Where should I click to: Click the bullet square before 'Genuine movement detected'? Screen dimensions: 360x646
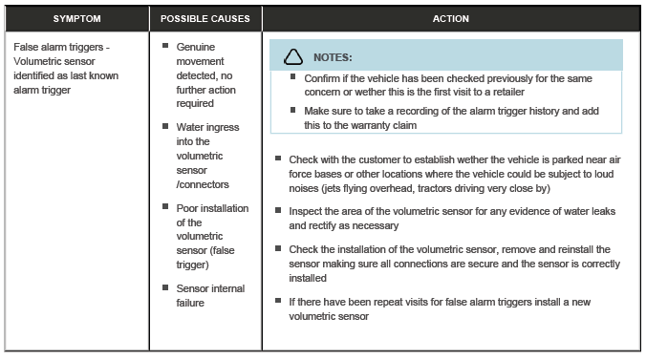pyautogui.click(x=165, y=45)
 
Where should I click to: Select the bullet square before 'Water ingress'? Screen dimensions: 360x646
pyautogui.click(x=165, y=125)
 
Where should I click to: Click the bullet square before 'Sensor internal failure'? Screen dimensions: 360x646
pyautogui.click(x=165, y=286)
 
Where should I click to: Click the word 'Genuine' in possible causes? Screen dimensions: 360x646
pyautogui.click(x=197, y=46)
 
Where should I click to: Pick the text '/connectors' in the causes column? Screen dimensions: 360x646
pyautogui.click(x=204, y=184)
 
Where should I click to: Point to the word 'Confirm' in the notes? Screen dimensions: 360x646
pyautogui.click(x=323, y=77)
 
